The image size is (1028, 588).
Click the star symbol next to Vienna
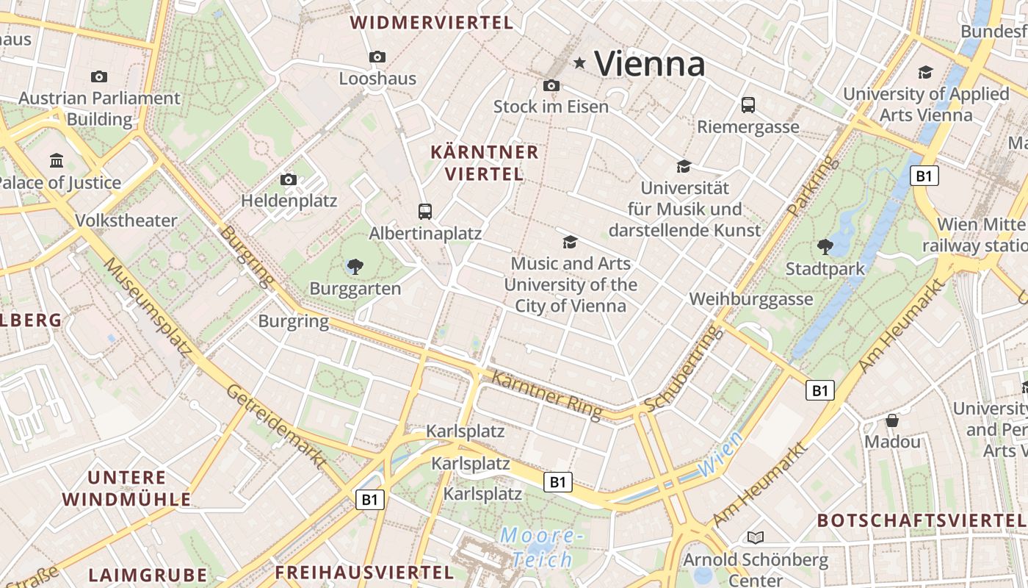pyautogui.click(x=580, y=63)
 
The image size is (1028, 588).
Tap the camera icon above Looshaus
pyautogui.click(x=377, y=57)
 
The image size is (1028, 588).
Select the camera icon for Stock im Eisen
pyautogui.click(x=551, y=85)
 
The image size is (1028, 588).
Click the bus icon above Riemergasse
pyautogui.click(x=748, y=105)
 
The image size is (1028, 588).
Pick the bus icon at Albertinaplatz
pyautogui.click(x=425, y=212)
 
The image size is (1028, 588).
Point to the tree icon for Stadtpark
pyautogui.click(x=825, y=247)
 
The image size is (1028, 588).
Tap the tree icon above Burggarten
pyautogui.click(x=355, y=266)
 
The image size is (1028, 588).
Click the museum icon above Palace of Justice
pyautogui.click(x=57, y=160)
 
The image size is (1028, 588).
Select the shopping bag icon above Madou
pyautogui.click(x=892, y=420)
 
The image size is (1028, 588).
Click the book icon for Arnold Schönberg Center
pyautogui.click(x=756, y=538)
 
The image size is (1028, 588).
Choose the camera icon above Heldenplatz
pyautogui.click(x=289, y=179)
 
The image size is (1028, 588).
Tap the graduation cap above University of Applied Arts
pyautogui.click(x=925, y=72)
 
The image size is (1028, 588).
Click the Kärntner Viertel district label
pyautogui.click(x=485, y=163)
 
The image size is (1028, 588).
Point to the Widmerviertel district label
pyautogui.click(x=432, y=23)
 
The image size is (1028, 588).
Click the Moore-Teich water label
pyautogui.click(x=542, y=548)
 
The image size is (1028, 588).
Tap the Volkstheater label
pyautogui.click(x=126, y=220)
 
